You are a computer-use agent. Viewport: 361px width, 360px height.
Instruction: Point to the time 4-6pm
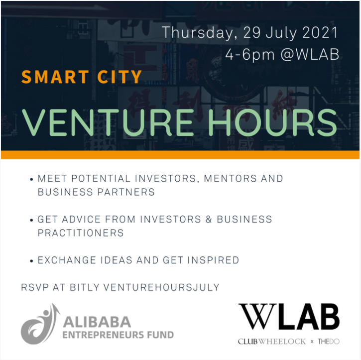click(250, 55)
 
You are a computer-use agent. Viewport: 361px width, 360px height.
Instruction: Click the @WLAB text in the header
click(310, 54)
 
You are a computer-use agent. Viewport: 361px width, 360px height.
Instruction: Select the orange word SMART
click(55, 77)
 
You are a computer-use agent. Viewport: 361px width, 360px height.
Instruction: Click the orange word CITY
click(120, 77)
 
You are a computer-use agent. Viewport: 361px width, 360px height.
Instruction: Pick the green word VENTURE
click(108, 122)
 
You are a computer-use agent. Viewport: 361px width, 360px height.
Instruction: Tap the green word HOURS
click(272, 122)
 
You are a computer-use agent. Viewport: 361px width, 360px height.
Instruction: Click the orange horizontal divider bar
click(180, 155)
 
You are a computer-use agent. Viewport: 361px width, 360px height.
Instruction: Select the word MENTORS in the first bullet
click(230, 179)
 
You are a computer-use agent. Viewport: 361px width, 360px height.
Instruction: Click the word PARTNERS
click(126, 192)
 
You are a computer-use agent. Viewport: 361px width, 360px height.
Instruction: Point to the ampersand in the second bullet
click(209, 220)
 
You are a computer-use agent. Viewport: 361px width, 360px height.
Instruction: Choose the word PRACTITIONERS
click(81, 233)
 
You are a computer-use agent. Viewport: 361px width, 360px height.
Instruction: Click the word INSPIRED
click(213, 260)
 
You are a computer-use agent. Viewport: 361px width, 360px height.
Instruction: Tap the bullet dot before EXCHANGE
click(32, 261)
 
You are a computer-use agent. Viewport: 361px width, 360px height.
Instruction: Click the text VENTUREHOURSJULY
click(161, 287)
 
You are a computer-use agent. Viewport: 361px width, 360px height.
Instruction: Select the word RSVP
click(35, 287)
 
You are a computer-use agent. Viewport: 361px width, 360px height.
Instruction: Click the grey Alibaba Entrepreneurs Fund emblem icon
click(40, 324)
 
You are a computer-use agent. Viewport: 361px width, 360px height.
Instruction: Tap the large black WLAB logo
click(289, 317)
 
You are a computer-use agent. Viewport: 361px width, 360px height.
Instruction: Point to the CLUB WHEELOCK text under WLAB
click(272, 342)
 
